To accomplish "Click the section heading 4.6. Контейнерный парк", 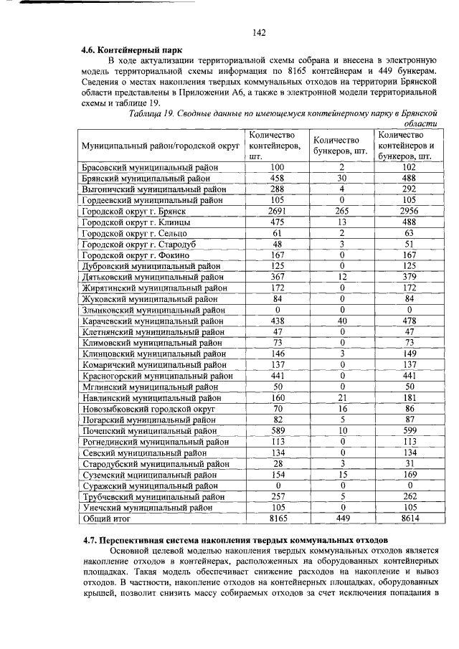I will pyautogui.click(x=131, y=51).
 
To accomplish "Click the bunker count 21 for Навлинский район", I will pyautogui.click(x=341, y=398).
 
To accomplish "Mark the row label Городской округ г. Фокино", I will pyautogui.click(x=135, y=255).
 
